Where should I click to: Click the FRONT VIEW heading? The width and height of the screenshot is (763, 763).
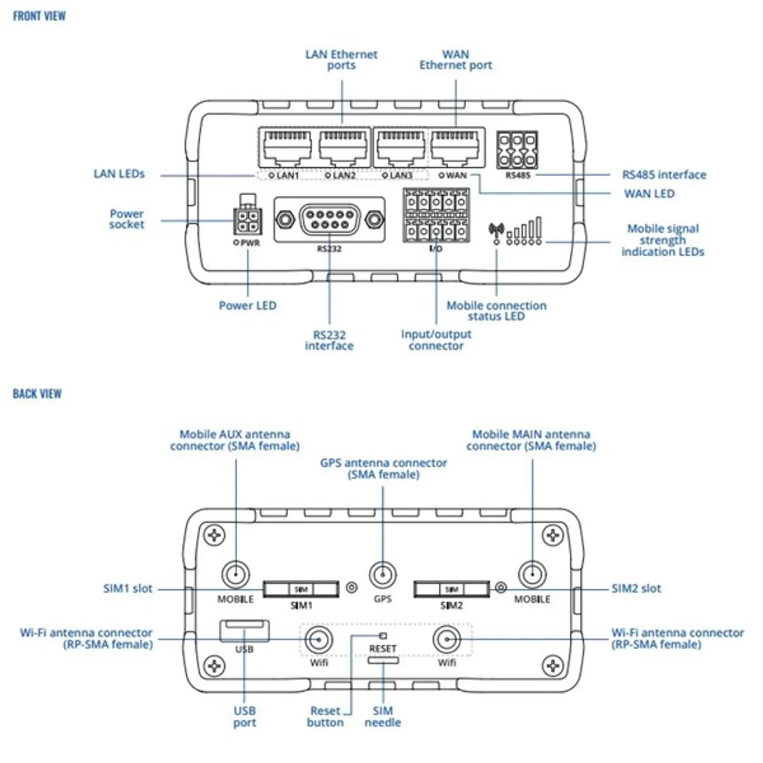coord(39,16)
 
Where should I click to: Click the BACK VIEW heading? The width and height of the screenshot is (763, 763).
coord(38,394)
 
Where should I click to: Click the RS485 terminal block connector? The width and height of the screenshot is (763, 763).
coord(517,151)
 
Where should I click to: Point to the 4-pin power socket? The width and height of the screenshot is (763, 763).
coord(247,221)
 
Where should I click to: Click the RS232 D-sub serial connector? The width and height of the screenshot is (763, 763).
coord(329,219)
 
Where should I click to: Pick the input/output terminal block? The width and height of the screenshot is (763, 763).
coord(436,216)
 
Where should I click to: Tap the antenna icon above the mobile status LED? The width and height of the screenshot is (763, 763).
coord(496,230)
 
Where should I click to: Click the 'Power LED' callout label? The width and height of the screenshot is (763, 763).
coord(248,305)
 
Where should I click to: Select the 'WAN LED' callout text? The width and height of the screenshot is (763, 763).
coord(649,194)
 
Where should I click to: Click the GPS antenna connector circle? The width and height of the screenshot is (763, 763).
coord(383,575)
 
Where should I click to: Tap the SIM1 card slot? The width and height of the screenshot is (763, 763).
coord(301,589)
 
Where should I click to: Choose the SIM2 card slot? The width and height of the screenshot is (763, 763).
coord(452,589)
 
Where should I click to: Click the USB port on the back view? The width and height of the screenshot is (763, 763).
coord(245,631)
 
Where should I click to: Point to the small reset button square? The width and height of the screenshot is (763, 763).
coord(383,636)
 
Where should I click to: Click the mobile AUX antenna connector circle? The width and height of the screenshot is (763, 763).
coord(236,575)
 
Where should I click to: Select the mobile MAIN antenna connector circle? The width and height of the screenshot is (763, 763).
coord(533,575)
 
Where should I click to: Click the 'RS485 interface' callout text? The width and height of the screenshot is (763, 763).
coord(664,175)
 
